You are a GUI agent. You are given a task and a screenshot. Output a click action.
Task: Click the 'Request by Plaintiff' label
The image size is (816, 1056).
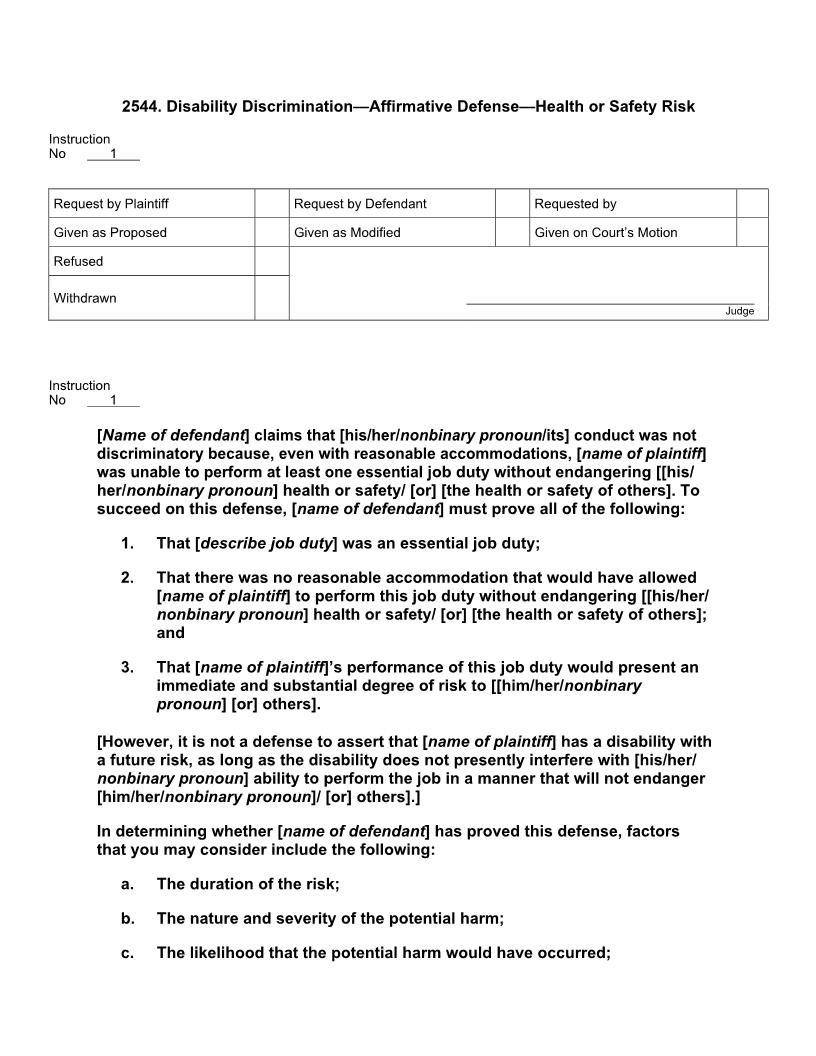point(111,204)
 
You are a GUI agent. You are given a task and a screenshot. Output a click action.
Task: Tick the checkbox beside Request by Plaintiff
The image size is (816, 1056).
point(271,204)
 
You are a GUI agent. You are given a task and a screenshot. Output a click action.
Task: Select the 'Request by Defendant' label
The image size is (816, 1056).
point(360,204)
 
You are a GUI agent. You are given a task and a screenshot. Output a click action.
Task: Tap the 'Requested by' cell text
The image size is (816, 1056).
point(575,204)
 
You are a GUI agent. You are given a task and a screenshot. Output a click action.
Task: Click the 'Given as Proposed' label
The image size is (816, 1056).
point(110,233)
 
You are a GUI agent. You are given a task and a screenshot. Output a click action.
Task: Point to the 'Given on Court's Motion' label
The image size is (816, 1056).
point(605,233)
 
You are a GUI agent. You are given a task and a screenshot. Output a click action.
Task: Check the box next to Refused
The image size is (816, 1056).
point(271,261)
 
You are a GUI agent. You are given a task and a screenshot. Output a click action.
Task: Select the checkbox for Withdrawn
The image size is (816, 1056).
point(271,298)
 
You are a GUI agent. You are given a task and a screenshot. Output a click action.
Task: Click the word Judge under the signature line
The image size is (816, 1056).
point(739,311)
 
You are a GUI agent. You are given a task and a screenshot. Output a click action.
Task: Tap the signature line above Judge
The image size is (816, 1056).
point(610,302)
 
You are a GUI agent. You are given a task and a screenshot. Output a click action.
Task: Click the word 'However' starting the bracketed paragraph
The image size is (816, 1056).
point(135,742)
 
